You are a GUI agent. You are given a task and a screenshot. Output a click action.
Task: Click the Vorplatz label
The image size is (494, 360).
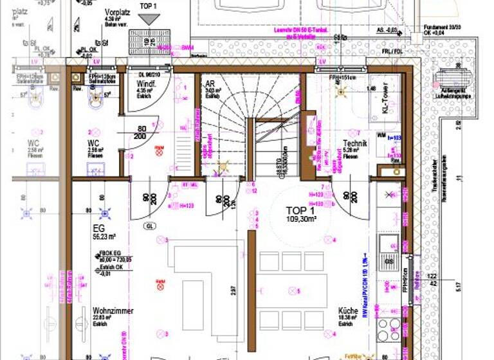pyautogui.click(x=118, y=12)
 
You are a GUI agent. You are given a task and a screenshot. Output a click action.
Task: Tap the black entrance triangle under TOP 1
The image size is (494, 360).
pyautogui.click(x=149, y=19)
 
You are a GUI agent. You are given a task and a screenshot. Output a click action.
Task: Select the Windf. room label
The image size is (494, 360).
pyautogui.click(x=144, y=84)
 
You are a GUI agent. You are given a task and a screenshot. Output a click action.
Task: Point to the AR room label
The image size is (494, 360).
pyautogui.click(x=210, y=84)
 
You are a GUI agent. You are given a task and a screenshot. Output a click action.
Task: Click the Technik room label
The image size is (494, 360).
pyautogui.click(x=354, y=144)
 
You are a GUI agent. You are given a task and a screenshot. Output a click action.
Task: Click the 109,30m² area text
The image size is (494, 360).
pyautogui.click(x=301, y=219)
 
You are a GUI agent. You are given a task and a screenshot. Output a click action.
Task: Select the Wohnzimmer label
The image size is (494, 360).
pyautogui.click(x=113, y=311)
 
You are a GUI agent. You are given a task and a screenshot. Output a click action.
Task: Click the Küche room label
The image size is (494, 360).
pyautogui.click(x=348, y=311)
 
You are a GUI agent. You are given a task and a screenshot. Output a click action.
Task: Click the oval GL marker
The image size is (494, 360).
pyautogui.click(x=151, y=226)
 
